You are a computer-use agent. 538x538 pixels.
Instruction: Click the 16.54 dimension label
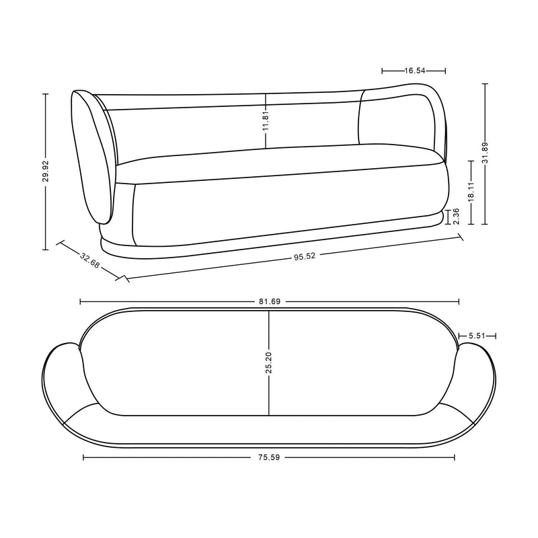pos(415,71)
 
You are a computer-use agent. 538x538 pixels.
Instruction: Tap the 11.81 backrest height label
pos(266,120)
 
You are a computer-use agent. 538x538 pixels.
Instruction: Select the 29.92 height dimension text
pos(46,171)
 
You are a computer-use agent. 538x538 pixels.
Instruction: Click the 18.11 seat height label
pos(471,192)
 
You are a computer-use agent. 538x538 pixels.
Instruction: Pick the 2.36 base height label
pos(457,216)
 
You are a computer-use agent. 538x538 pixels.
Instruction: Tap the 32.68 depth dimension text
pos(89,260)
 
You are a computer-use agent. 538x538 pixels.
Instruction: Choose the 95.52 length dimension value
pos(305,256)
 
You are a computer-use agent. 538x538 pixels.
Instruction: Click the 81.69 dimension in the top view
pos(270,301)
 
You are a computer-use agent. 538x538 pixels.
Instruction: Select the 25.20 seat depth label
pos(269,362)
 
